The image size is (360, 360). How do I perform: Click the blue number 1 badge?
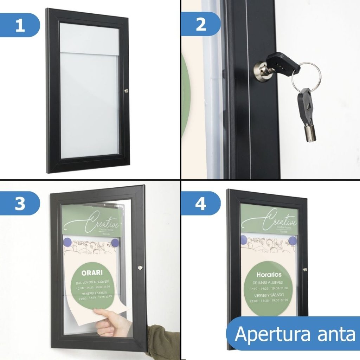20,25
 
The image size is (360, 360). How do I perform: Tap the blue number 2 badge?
201,24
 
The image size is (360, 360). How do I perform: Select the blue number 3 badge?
20,204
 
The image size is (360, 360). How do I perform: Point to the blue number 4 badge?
201,204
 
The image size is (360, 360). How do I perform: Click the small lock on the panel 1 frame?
126,91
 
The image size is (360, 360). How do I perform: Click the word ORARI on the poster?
92,272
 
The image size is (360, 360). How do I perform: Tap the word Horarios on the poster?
269,275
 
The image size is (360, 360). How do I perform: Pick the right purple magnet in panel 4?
292,240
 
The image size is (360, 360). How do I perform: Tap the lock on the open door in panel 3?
140,268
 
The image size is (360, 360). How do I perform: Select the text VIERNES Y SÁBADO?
269,295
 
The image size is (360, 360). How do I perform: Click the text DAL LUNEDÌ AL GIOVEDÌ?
92,282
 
